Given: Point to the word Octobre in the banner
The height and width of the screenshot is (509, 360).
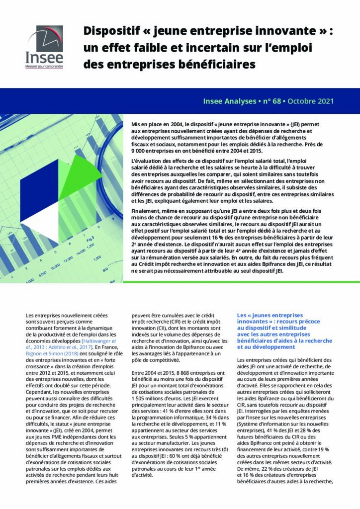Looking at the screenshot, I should click(x=296, y=101).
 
